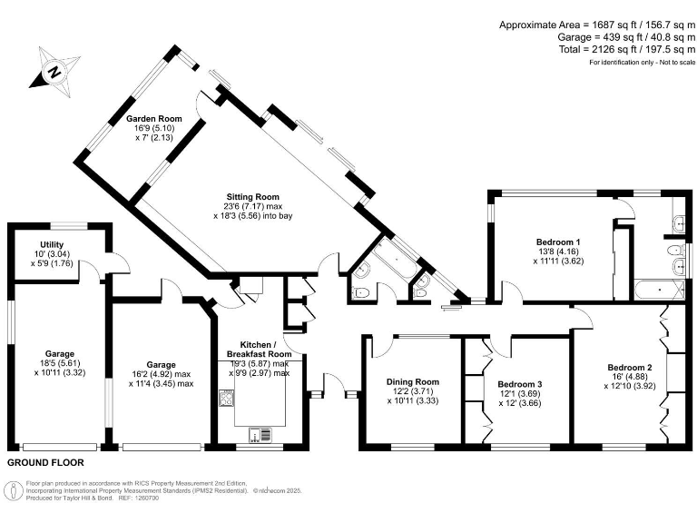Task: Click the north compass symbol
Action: [x=54, y=70]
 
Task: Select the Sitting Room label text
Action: [x=253, y=196]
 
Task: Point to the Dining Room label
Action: [x=413, y=382]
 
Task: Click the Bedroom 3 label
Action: [x=520, y=385]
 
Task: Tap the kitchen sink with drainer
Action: [x=260, y=432]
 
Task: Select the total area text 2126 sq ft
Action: [x=612, y=51]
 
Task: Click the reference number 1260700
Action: [x=147, y=497]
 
